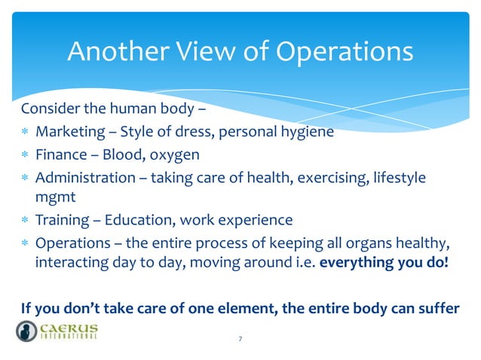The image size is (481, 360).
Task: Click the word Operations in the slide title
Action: tap(344, 52)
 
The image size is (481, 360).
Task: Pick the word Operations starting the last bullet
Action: tap(70, 243)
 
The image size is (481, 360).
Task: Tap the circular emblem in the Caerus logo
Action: tap(27, 331)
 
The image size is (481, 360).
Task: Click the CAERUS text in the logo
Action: tap(71, 327)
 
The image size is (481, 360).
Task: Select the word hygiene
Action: tap(308, 134)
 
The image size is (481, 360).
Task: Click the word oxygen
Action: tap(175, 156)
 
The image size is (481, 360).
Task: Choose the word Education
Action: tap(139, 221)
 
